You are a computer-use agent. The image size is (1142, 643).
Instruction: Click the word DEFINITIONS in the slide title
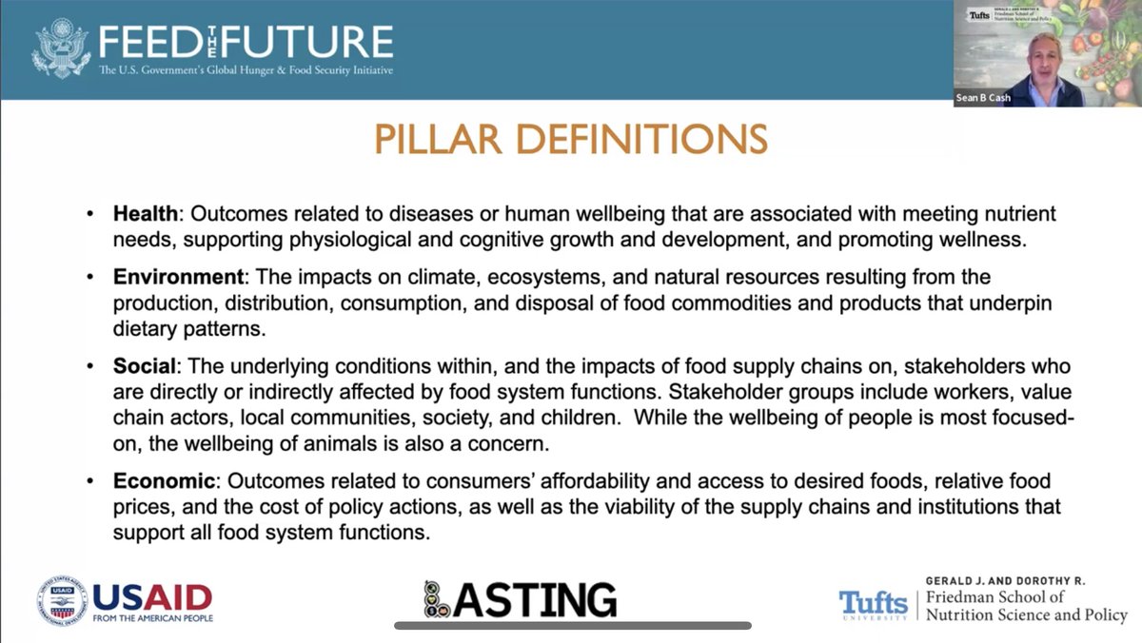click(x=636, y=140)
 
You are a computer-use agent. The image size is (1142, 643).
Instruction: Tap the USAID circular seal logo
click(x=62, y=600)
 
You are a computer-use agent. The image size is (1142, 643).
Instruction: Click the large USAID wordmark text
click(x=152, y=596)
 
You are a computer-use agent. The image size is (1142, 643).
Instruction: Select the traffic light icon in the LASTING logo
click(x=434, y=599)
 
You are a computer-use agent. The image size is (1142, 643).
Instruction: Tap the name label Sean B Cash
click(x=984, y=98)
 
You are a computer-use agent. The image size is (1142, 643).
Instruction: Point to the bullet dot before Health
click(x=90, y=215)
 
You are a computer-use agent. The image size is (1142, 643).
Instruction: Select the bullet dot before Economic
click(x=90, y=483)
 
